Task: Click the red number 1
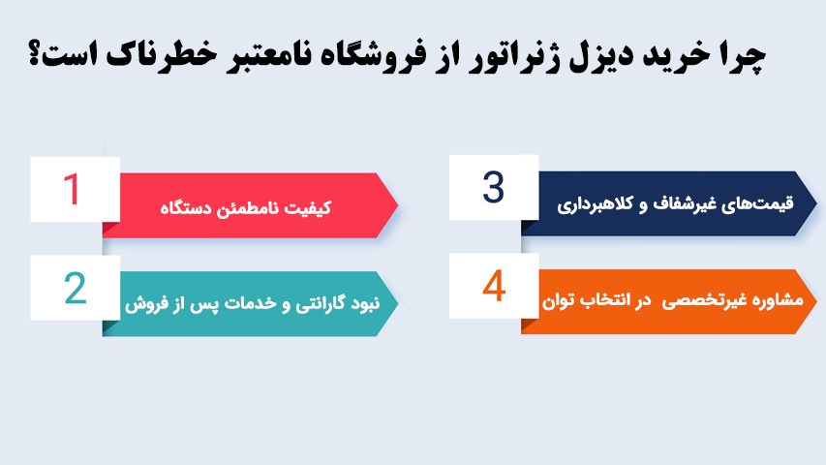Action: click(71, 189)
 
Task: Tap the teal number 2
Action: click(76, 289)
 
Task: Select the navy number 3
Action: click(494, 187)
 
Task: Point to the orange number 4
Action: click(494, 286)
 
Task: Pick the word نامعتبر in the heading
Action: click(266, 56)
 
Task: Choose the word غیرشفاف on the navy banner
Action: click(681, 204)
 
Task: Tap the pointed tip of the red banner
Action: click(398, 205)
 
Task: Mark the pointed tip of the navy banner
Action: click(816, 203)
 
